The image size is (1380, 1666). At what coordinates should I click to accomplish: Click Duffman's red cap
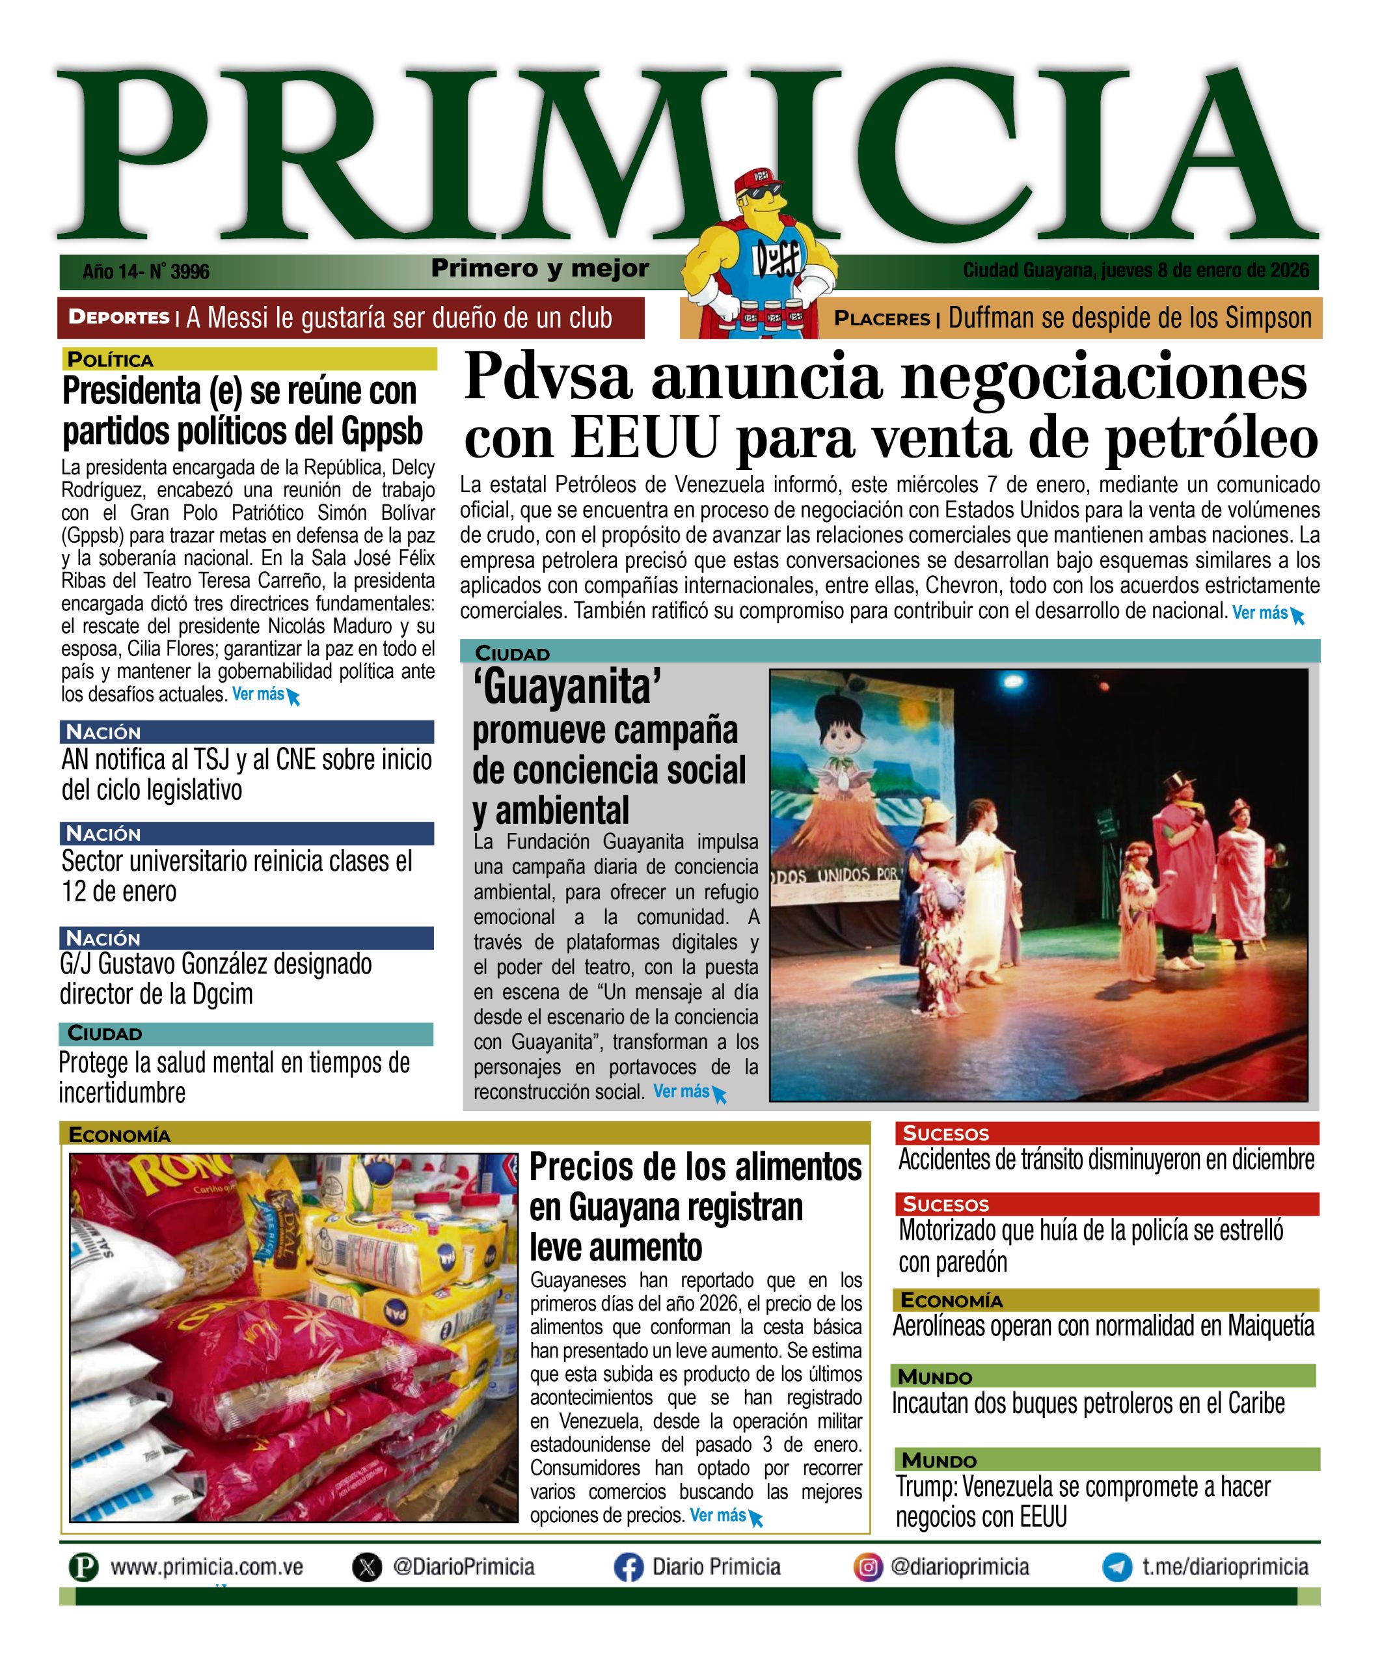(x=757, y=184)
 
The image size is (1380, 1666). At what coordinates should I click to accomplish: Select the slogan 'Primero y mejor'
(x=540, y=269)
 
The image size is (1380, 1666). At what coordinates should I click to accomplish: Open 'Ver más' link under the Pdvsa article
(x=1260, y=612)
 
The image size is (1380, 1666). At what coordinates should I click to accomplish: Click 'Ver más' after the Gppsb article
(x=258, y=694)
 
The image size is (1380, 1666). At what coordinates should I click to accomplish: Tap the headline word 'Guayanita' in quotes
(x=566, y=687)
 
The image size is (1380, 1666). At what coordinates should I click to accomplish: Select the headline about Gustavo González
(x=216, y=978)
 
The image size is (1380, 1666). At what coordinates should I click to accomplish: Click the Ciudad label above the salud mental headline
(x=105, y=1033)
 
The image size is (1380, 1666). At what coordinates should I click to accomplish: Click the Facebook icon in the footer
(x=628, y=1568)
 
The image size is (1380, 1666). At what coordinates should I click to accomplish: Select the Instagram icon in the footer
(x=868, y=1568)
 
